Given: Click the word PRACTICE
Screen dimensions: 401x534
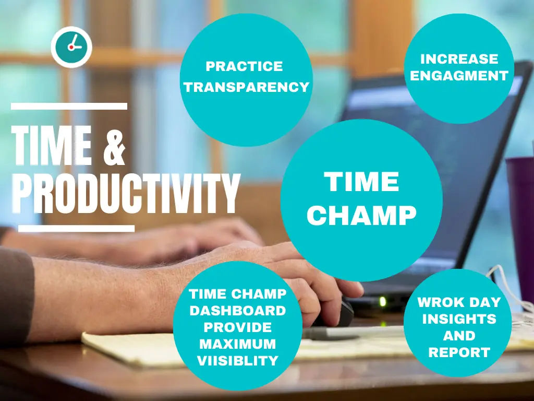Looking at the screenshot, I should (x=244, y=66).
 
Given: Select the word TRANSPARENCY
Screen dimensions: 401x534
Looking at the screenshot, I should (x=247, y=87).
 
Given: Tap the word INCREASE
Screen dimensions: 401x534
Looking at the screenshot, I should (x=459, y=58).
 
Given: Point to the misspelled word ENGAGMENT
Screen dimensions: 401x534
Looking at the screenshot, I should (x=459, y=76).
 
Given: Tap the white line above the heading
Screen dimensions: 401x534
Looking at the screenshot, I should (x=69, y=107).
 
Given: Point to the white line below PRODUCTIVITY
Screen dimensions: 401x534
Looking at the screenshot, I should (x=76, y=228).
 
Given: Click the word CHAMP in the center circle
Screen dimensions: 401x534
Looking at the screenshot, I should (x=361, y=215).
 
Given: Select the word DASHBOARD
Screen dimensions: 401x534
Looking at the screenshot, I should (x=238, y=311).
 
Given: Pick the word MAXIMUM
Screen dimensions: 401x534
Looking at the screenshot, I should (x=238, y=344).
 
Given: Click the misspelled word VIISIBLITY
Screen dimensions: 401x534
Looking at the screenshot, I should (x=238, y=361).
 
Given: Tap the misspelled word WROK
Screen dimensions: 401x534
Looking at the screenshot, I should (x=438, y=302).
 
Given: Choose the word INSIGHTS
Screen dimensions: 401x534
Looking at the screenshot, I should (x=459, y=319).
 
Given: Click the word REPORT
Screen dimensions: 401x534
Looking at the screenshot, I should (x=459, y=352).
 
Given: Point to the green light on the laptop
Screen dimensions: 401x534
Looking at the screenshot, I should (x=383, y=301).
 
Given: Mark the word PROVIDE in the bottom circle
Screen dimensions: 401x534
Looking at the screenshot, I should (x=238, y=327).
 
